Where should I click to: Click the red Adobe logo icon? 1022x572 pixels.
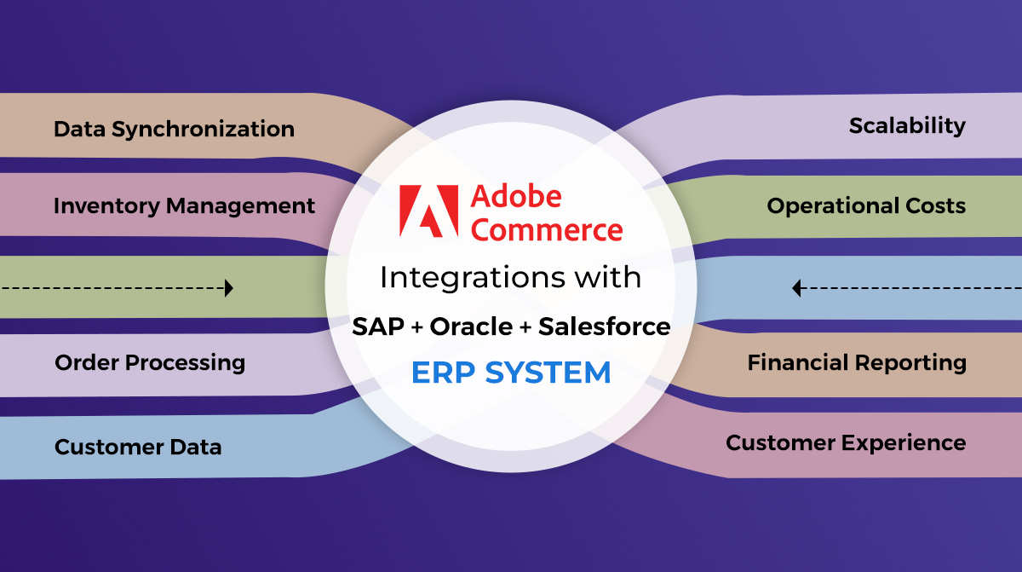click(x=428, y=211)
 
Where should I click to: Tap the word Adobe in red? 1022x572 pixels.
click(x=516, y=197)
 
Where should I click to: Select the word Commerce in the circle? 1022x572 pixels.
click(x=547, y=229)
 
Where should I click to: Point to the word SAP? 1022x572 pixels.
click(x=378, y=326)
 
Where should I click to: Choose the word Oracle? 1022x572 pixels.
click(x=471, y=326)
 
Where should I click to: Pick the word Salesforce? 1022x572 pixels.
click(x=605, y=326)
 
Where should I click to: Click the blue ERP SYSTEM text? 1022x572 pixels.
click(x=511, y=373)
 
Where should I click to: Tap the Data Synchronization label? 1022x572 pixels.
click(x=175, y=130)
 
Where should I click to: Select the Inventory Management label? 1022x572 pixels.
click(x=184, y=206)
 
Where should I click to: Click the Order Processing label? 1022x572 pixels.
click(x=150, y=363)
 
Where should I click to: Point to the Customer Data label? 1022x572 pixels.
click(x=138, y=447)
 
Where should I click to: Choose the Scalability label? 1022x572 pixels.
click(x=908, y=126)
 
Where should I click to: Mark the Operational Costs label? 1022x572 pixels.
click(x=866, y=206)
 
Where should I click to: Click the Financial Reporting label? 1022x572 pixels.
click(x=857, y=363)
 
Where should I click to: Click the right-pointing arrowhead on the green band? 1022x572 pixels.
click(x=229, y=288)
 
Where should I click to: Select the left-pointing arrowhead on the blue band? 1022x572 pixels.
click(x=796, y=288)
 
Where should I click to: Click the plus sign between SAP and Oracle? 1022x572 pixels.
click(x=417, y=327)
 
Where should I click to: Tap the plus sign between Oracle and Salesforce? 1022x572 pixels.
click(x=525, y=327)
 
